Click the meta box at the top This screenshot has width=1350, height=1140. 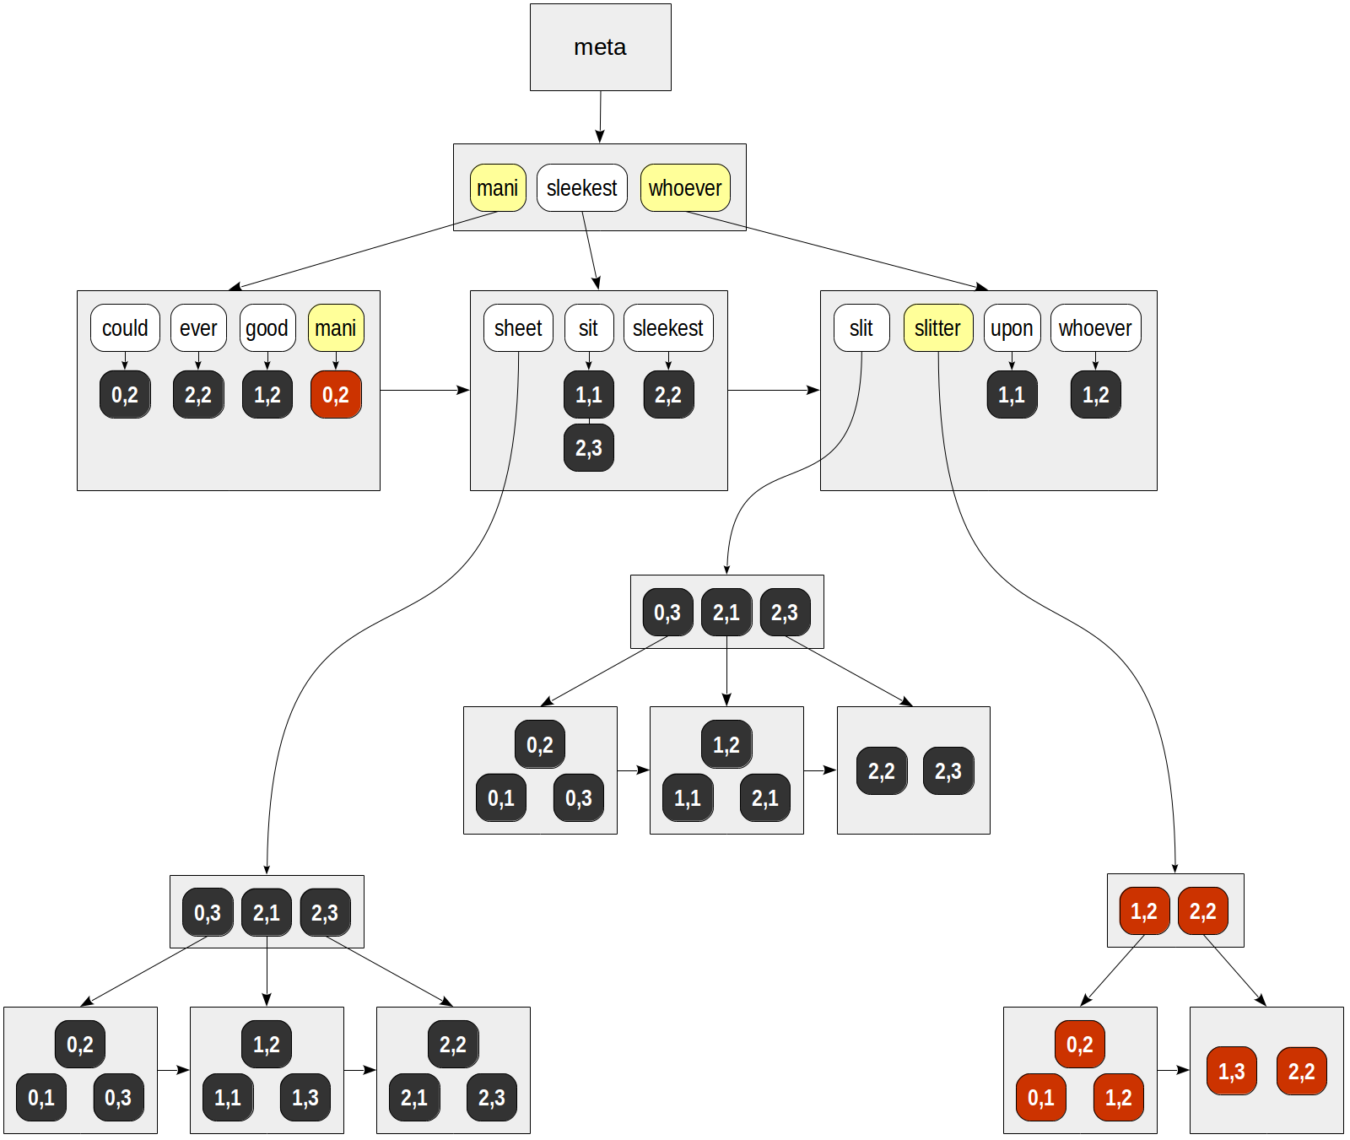click(x=600, y=47)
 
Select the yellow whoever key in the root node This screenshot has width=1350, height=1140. click(x=684, y=187)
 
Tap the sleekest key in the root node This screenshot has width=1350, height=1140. click(x=581, y=187)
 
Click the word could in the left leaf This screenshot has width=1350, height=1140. click(x=125, y=327)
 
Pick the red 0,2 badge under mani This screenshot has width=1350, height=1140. click(x=336, y=394)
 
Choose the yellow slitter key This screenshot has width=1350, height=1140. click(x=937, y=327)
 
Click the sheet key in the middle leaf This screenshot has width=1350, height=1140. click(x=518, y=327)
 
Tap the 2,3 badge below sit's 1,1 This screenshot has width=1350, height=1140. click(x=588, y=447)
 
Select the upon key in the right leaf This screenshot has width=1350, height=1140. click(x=1012, y=327)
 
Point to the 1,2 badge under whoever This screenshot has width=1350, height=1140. click(x=1095, y=394)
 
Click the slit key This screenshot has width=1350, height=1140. click(x=861, y=327)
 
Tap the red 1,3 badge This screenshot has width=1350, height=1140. click(x=1231, y=1071)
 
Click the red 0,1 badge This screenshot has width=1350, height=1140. click(x=1040, y=1097)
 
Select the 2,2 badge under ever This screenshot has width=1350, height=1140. click(x=198, y=394)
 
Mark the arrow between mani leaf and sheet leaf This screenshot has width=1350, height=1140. click(x=424, y=390)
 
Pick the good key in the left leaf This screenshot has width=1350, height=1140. click(x=267, y=327)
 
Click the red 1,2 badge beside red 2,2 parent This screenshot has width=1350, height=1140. click(x=1143, y=910)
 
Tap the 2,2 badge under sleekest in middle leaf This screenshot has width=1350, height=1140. click(x=667, y=394)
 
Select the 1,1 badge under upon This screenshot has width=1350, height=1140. click(x=1012, y=394)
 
